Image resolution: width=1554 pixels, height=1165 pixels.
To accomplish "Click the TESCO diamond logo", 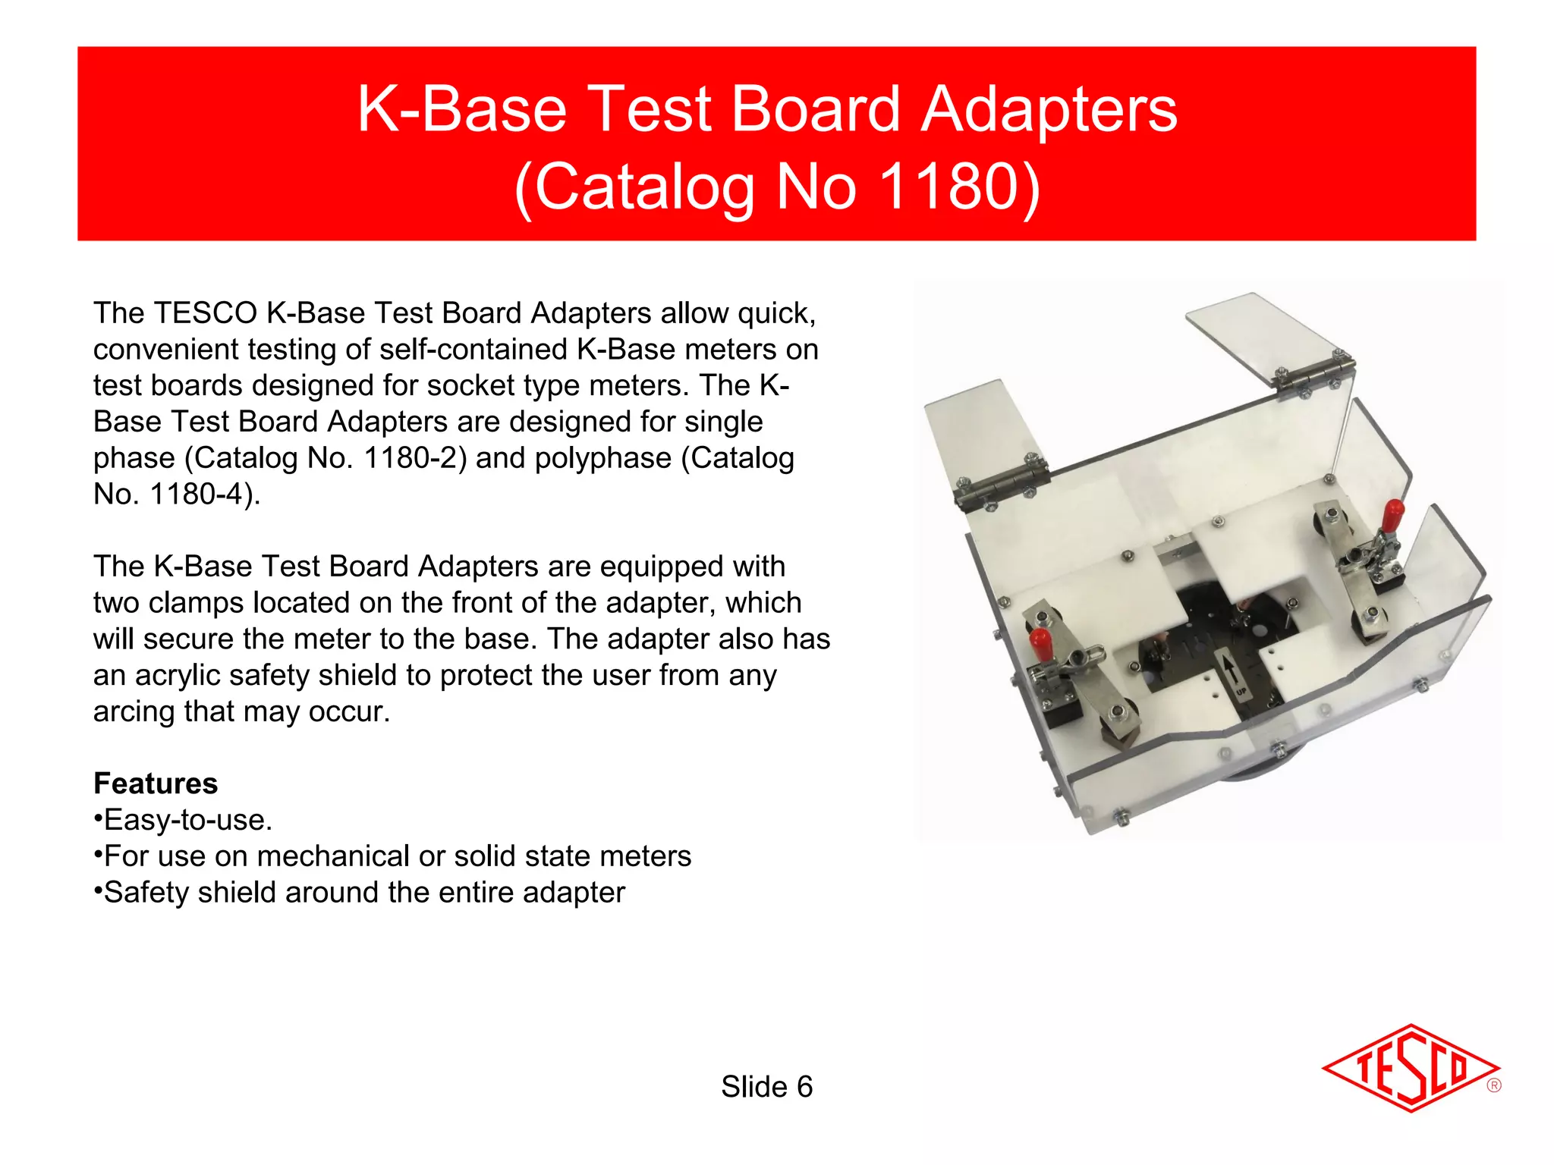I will [x=1410, y=1068].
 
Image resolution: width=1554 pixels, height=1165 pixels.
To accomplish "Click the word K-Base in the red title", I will [x=462, y=109].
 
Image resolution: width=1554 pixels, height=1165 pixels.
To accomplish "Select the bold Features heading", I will [x=156, y=783].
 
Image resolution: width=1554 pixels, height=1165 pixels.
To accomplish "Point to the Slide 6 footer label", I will [x=766, y=1087].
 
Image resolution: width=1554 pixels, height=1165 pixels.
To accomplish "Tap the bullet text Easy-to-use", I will [x=187, y=820].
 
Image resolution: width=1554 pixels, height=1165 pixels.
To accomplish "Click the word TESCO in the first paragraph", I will [x=205, y=313].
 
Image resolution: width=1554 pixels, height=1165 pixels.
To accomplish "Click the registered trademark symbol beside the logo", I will [x=1493, y=1085].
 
